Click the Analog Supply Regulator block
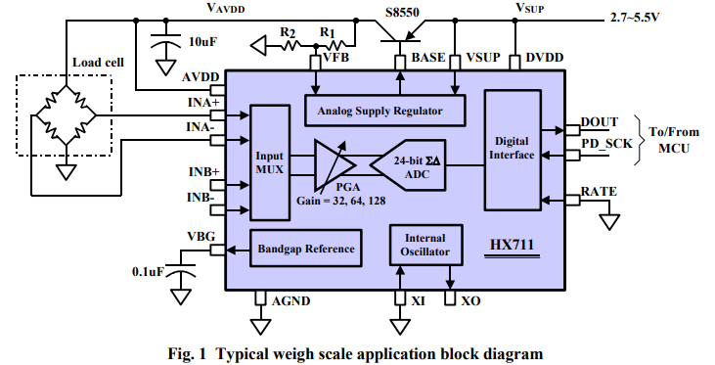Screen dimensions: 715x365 [x=384, y=111]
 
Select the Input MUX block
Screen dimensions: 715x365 [x=270, y=162]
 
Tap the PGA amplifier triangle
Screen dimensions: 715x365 [x=334, y=164]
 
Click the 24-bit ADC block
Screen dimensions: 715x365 [x=408, y=164]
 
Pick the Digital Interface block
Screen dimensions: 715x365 [x=513, y=150]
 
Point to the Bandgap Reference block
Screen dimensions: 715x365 [x=305, y=249]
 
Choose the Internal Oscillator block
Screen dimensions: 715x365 [x=425, y=245]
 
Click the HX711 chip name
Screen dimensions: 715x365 [x=512, y=245]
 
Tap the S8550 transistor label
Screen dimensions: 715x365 [x=402, y=12]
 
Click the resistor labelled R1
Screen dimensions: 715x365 [x=336, y=45]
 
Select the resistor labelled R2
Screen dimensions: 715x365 [x=290, y=45]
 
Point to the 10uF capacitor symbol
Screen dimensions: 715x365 [x=165, y=42]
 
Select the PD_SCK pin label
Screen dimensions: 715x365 [x=606, y=143]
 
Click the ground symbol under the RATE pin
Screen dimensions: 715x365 [x=609, y=222]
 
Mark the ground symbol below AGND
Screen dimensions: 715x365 [x=260, y=327]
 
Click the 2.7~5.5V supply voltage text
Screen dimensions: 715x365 [x=635, y=19]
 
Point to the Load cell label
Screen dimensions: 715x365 [x=98, y=62]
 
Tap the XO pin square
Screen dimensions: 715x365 [x=450, y=298]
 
